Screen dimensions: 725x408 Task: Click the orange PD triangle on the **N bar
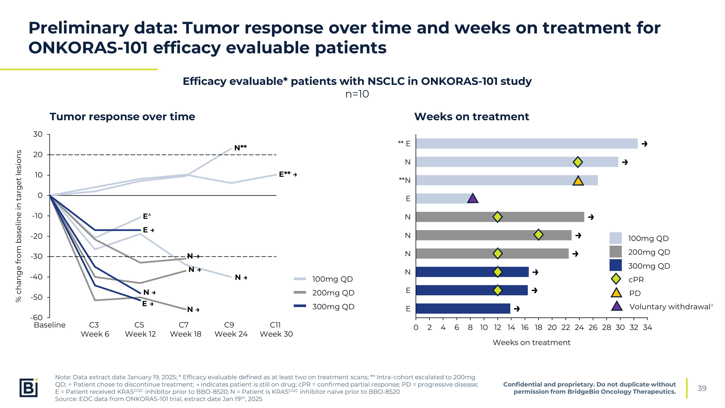[x=578, y=181]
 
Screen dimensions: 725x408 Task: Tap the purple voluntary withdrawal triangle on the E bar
[x=473, y=198]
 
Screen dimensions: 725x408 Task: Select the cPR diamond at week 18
[x=539, y=234]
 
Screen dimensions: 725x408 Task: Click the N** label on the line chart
[x=241, y=147]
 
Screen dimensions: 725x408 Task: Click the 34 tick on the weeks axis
[x=647, y=327]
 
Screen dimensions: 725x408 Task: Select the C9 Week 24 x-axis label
[x=231, y=329]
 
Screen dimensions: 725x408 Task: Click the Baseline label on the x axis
[x=49, y=325]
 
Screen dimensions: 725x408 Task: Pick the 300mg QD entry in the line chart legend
[x=324, y=306]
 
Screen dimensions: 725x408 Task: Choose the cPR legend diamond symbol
[x=616, y=279]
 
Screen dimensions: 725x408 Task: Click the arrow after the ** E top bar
[x=645, y=144]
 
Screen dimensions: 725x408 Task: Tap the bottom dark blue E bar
[x=463, y=309]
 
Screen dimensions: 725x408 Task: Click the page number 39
[x=702, y=388]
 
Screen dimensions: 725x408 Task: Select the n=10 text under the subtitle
[x=357, y=94]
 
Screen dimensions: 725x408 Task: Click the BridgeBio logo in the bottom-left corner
[x=29, y=388]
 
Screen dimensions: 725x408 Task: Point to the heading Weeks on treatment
[x=472, y=117]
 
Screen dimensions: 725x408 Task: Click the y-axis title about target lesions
[x=18, y=226]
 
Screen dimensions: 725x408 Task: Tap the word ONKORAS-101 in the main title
[x=88, y=48]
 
